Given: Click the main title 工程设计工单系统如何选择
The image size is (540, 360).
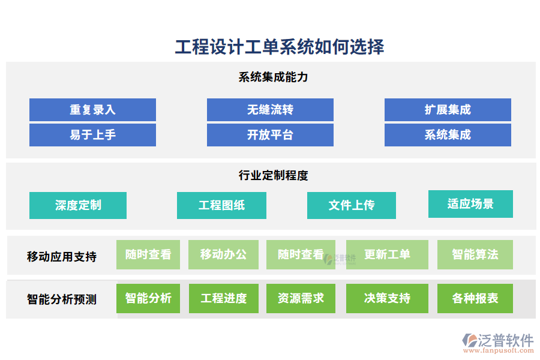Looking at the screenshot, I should point(279,47).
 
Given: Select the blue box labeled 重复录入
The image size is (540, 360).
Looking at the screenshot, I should point(92,110).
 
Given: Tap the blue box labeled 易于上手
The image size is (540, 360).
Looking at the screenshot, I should point(92,135).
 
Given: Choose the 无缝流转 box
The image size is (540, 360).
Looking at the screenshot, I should point(270,110).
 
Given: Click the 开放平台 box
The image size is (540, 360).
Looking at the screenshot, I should point(270,135).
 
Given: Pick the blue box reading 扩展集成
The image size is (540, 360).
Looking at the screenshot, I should point(448,110).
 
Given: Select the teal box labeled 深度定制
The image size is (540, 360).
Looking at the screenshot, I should point(78,205).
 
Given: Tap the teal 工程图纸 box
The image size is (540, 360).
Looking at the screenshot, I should point(222,205).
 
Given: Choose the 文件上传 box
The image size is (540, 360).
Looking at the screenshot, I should point(352,205).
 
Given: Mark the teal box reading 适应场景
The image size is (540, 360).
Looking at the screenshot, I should point(470,204).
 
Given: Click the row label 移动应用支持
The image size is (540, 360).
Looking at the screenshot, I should point(62,256).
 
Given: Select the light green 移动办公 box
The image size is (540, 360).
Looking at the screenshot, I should point(223,254).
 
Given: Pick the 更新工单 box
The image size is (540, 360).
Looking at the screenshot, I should point(388,254).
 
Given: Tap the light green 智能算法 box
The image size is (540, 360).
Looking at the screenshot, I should point(475,254).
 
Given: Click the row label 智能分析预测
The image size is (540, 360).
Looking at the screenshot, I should point(62,299).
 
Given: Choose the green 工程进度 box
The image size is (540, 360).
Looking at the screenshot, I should point(224,298).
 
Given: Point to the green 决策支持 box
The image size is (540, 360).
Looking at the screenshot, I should point(387,298).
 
